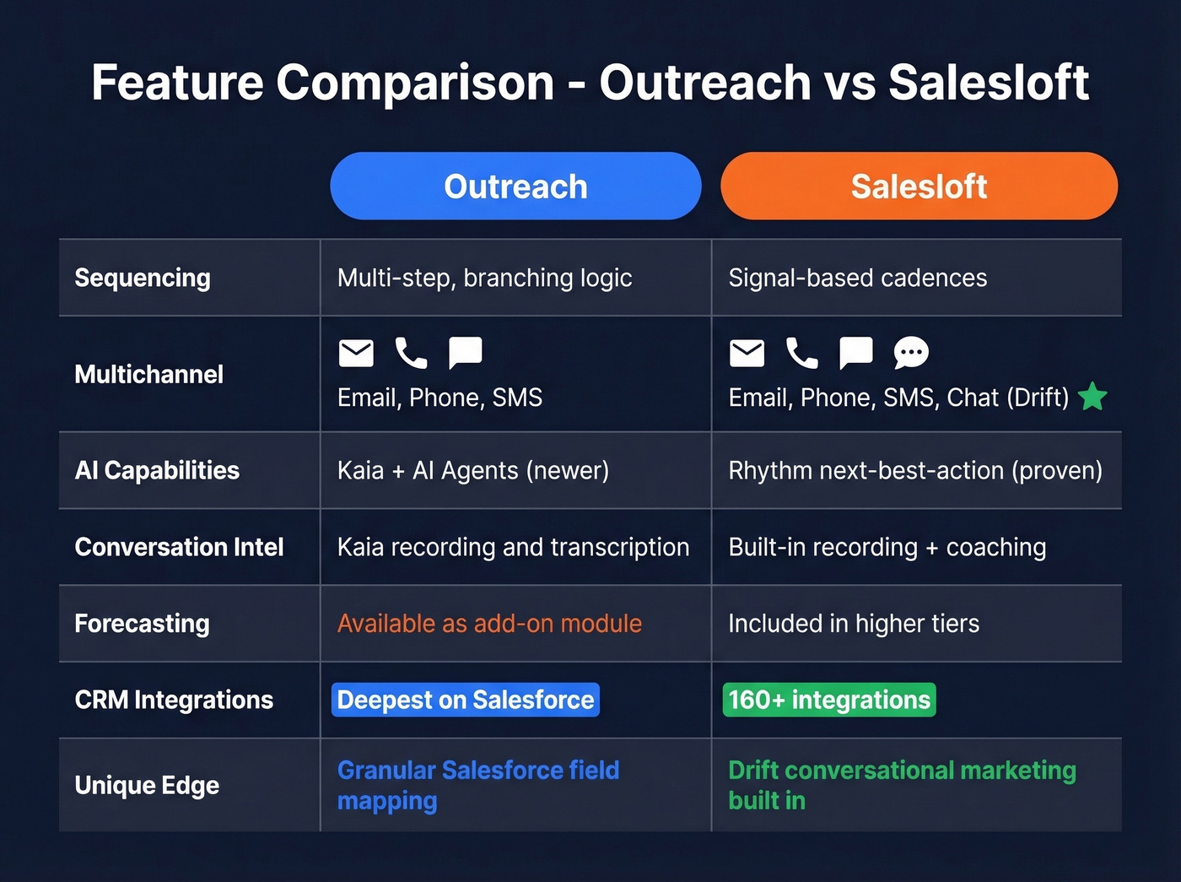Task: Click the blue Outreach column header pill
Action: (515, 187)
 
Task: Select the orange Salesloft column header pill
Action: (919, 187)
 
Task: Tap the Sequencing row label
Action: (143, 278)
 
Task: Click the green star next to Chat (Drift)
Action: (1092, 396)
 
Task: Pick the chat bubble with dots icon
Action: (911, 353)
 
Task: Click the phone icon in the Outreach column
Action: (411, 353)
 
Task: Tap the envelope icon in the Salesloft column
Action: (747, 353)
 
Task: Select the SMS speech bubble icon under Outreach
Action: (465, 353)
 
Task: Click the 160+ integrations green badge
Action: (829, 700)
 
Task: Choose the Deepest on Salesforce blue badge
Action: (465, 700)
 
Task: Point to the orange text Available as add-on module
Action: (489, 624)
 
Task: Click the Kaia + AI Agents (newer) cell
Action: (472, 470)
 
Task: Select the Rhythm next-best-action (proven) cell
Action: (915, 470)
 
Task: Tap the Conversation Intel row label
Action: (179, 547)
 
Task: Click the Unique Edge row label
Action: (147, 785)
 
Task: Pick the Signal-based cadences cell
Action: (857, 278)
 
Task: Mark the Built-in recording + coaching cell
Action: (887, 547)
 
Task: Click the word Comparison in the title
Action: (415, 83)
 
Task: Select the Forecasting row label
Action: (142, 624)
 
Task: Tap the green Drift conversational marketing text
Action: (902, 771)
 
